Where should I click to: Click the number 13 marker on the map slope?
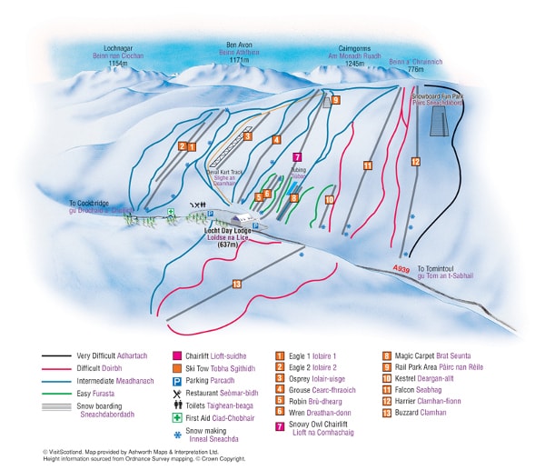237,285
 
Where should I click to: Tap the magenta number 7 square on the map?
297,156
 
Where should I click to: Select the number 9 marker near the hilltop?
335,100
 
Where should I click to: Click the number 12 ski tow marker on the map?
415,162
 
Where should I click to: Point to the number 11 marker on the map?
368,165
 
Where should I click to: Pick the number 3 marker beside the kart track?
247,137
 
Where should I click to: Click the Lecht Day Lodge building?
243,220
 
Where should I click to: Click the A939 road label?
402,269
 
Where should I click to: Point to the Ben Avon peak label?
239,45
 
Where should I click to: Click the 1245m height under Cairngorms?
355,64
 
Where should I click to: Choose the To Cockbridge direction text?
94,204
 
